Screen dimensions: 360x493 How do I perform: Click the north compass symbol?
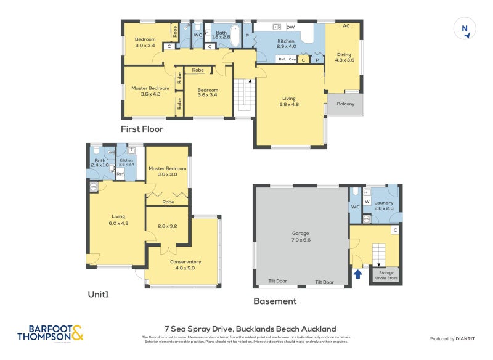click(x=465, y=29)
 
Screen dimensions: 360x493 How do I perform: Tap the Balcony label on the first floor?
click(x=346, y=104)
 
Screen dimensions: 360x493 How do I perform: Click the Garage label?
click(x=301, y=237)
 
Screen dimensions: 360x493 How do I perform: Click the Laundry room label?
click(x=383, y=205)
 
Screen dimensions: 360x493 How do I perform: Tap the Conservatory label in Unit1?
click(x=184, y=265)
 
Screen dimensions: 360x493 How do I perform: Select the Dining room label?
click(x=344, y=57)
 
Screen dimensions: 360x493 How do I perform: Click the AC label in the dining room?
click(x=346, y=26)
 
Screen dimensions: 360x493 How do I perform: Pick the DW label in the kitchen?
click(x=290, y=28)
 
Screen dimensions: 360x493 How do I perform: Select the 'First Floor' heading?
click(x=142, y=129)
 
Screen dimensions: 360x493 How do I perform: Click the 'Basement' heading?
click(x=275, y=301)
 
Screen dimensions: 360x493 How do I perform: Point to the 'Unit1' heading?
click(x=98, y=295)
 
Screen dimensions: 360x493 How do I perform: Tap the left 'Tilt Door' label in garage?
click(x=277, y=282)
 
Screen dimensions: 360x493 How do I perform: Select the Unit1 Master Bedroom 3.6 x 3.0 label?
click(x=167, y=171)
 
